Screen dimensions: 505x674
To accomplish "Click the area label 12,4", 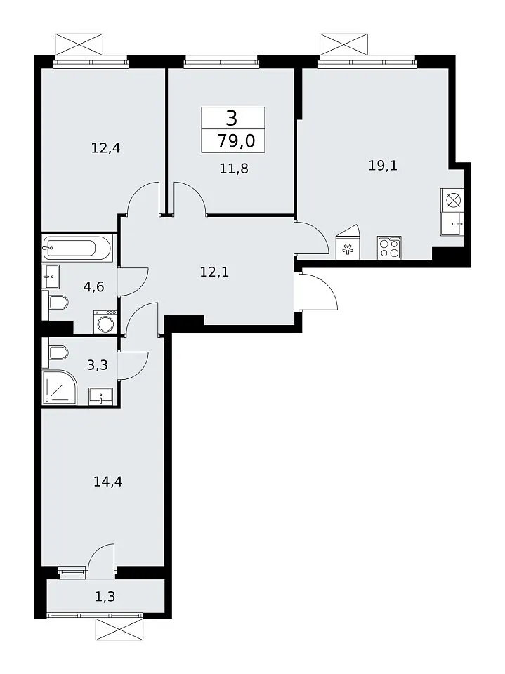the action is point(105,148).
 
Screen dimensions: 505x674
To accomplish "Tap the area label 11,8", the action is point(234,168).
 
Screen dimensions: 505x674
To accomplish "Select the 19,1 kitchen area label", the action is point(383,165).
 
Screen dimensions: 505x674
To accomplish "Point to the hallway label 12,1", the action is point(214,272).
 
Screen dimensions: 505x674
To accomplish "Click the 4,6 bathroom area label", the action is point(94,286).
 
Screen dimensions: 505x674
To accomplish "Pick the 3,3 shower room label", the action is point(97,365).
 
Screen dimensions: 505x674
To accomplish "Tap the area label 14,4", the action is point(108,482).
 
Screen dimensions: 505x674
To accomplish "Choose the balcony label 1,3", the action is point(105,596).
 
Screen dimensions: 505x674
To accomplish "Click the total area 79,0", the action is point(236,140).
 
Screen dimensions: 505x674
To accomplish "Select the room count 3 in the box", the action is point(232,118).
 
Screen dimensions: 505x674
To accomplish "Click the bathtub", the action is point(77,248).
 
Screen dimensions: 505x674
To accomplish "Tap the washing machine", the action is point(105,322).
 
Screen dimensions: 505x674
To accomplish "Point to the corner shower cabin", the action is point(60,387).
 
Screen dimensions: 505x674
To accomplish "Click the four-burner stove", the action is point(389,248).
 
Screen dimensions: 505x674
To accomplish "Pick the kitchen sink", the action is point(452,224).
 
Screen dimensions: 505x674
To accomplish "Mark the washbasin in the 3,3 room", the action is point(100,395).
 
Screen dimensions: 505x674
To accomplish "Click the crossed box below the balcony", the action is point(119,630).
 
